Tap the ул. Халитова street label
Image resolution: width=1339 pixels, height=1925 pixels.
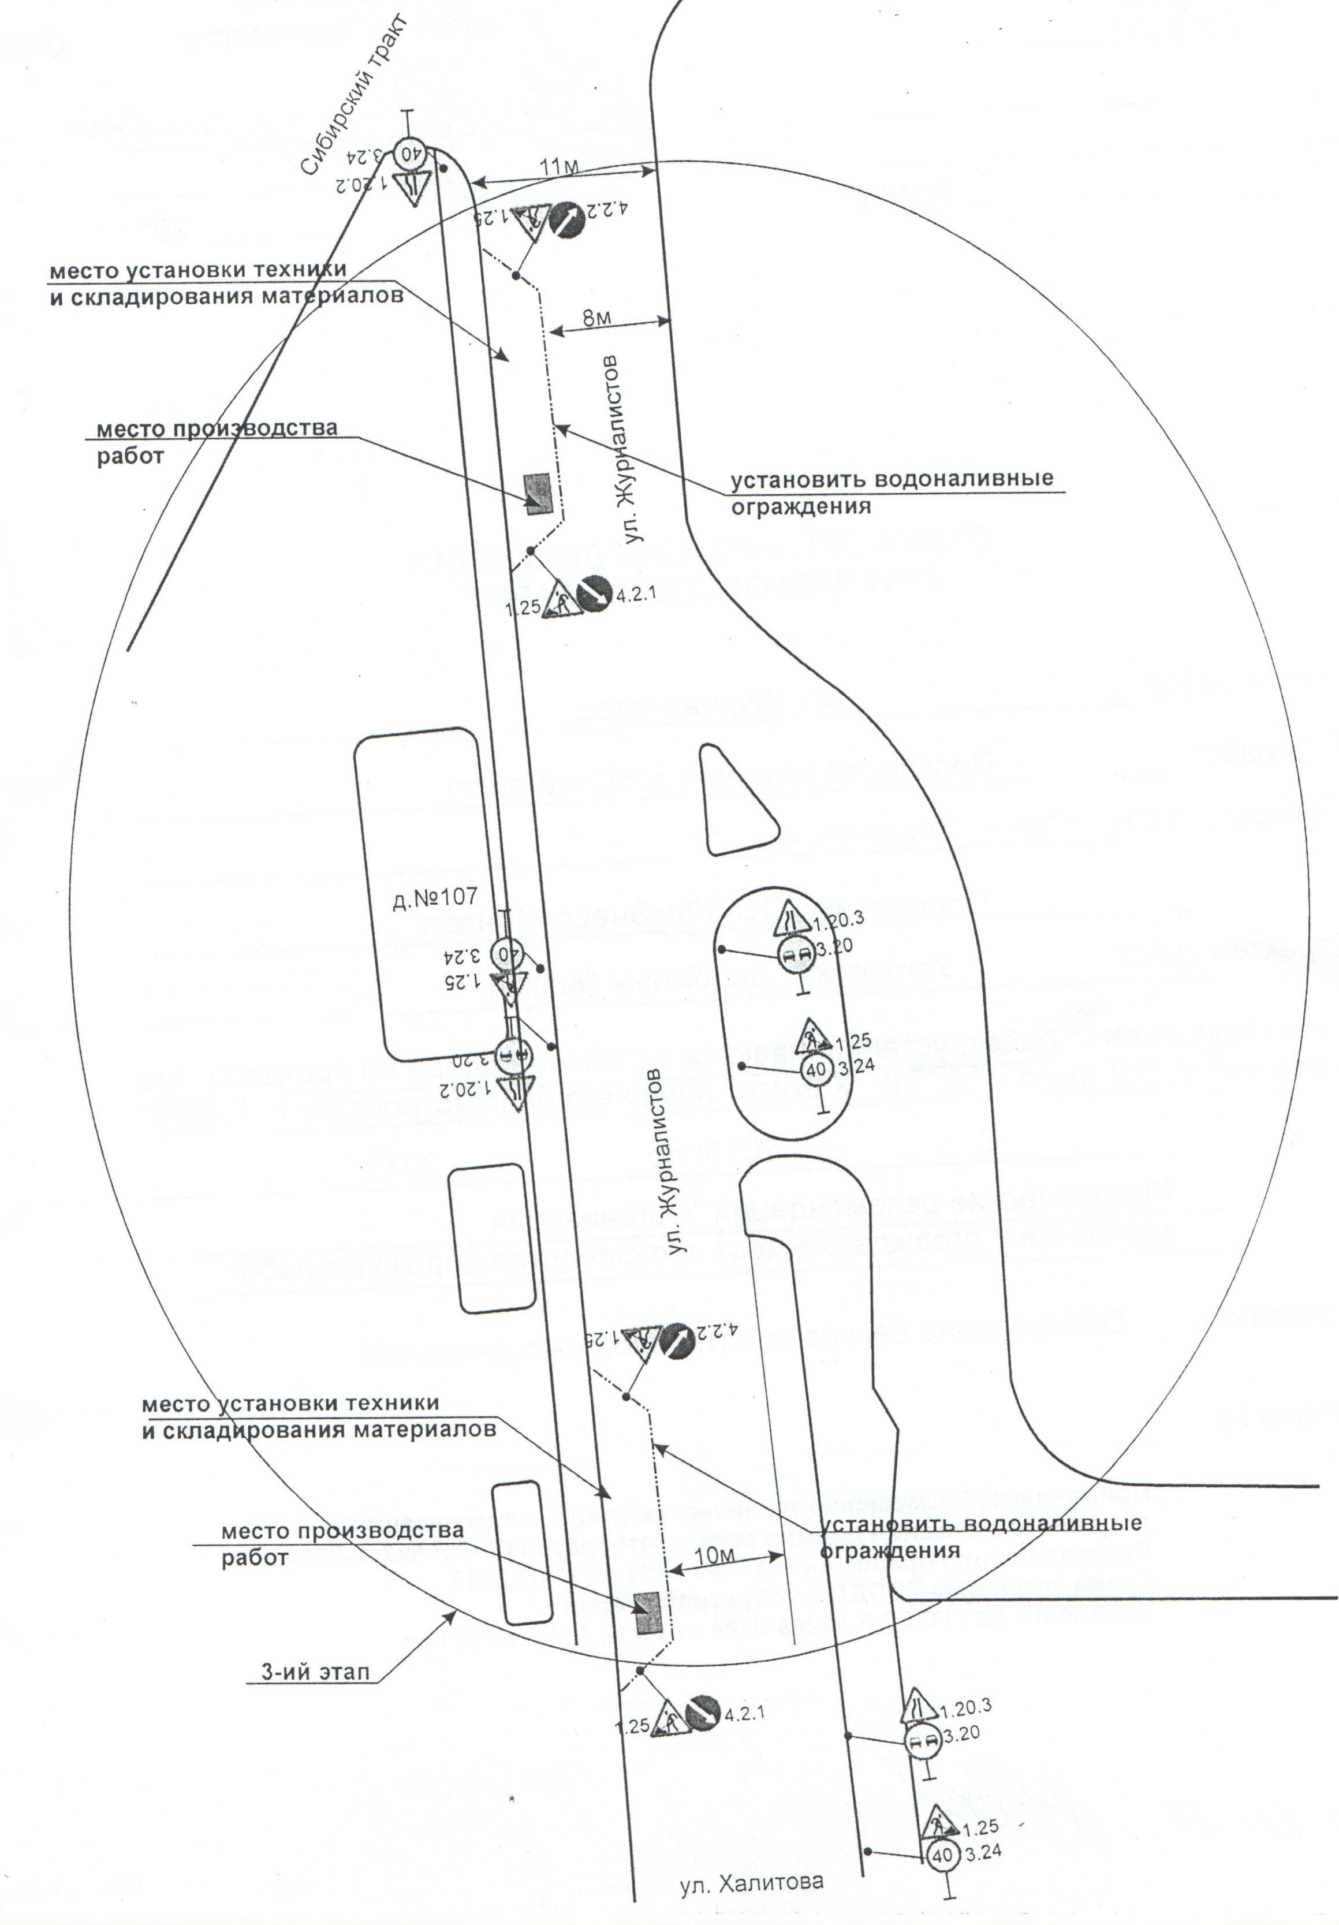pos(751,1881)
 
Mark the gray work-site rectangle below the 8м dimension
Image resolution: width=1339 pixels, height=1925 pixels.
pos(536,493)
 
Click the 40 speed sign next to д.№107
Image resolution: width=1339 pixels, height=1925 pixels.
pos(509,953)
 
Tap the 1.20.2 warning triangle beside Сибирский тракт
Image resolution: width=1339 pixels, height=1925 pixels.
pos(411,184)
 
